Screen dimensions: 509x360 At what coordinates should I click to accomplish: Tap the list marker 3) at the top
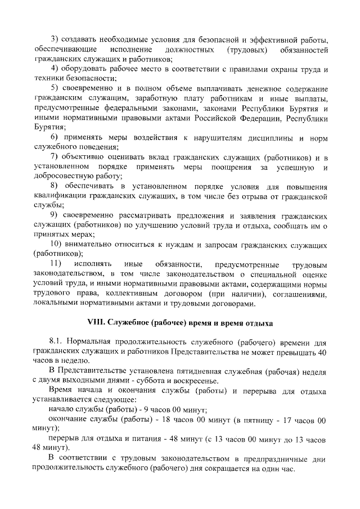coord(55,39)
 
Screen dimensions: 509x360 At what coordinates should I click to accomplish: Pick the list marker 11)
coord(56,264)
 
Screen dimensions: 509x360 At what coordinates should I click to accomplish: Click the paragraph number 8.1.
coord(56,341)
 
